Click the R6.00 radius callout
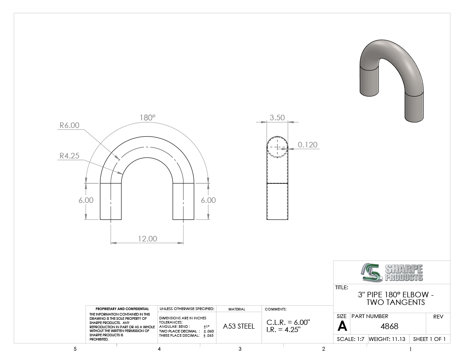69,125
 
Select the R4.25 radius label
69,155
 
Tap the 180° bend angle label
148,118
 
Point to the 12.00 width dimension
147,238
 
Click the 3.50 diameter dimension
277,118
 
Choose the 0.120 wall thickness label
308,145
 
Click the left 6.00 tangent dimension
86,200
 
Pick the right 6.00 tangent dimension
208,200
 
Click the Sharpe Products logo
392,272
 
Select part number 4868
389,326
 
